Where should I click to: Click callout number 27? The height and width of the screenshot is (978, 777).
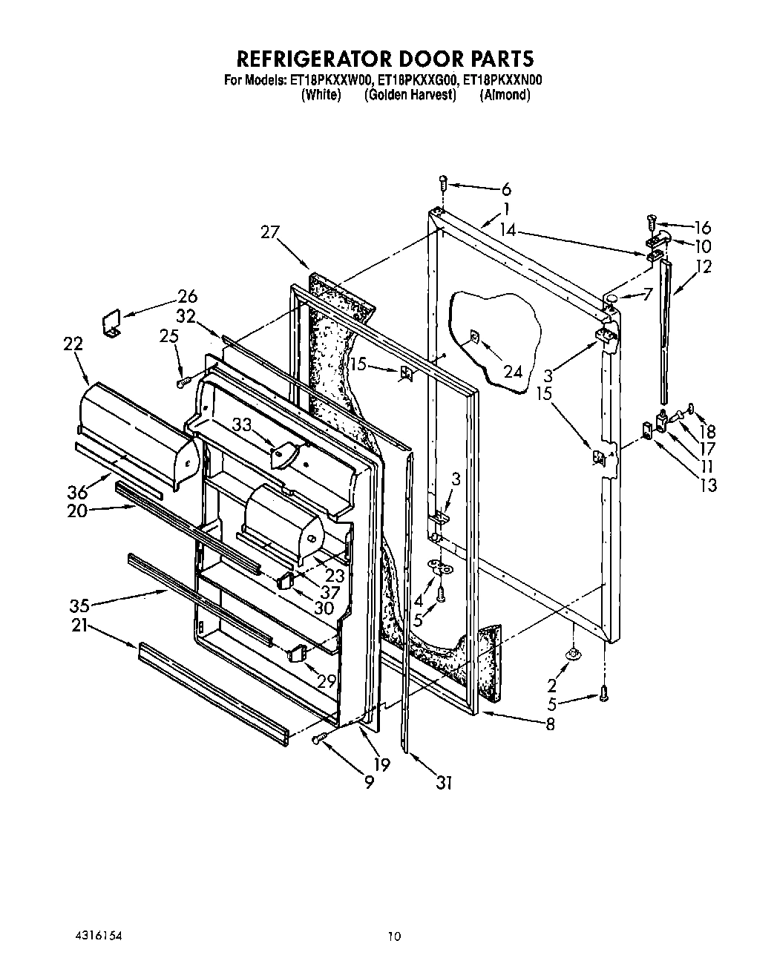coord(269,232)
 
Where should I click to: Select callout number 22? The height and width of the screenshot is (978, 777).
coord(73,344)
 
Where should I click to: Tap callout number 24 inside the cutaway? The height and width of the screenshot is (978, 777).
coord(513,371)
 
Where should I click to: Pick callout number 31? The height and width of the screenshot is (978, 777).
coord(444,781)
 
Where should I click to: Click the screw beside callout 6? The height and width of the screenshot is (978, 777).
coord(442,180)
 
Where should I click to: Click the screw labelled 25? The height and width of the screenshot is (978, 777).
coord(183,382)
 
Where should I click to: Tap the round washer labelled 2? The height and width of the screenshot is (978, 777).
coord(573,653)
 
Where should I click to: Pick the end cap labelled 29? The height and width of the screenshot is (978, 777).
coord(297,654)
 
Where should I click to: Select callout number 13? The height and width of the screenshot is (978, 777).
coord(709,485)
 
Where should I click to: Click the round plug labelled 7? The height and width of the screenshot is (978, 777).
coord(613,298)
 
